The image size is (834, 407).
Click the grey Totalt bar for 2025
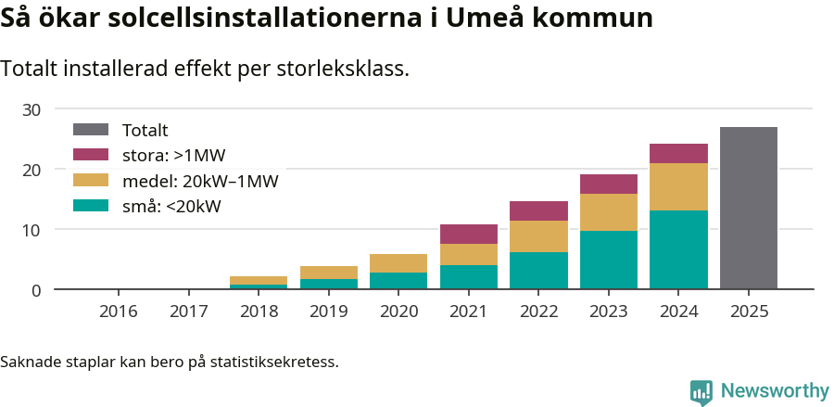pos(748,208)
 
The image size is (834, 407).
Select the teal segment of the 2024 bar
pos(678,249)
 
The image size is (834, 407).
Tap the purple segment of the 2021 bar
pos(468,234)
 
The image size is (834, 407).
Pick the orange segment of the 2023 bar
pos(609,212)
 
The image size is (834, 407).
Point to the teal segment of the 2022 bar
pos(538,270)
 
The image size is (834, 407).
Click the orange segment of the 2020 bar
pos(398,263)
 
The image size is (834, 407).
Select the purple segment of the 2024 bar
pos(678,153)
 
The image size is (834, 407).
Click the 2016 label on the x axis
pos(119,311)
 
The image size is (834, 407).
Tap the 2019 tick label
pos(329,311)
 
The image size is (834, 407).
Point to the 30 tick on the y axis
pos(32,109)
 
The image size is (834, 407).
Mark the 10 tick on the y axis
pos(32,230)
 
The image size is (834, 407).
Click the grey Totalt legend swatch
pos(91,131)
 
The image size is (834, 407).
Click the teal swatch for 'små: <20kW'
pos(91,206)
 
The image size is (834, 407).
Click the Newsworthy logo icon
pos(701,391)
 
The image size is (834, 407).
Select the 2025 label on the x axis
pos(749,311)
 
